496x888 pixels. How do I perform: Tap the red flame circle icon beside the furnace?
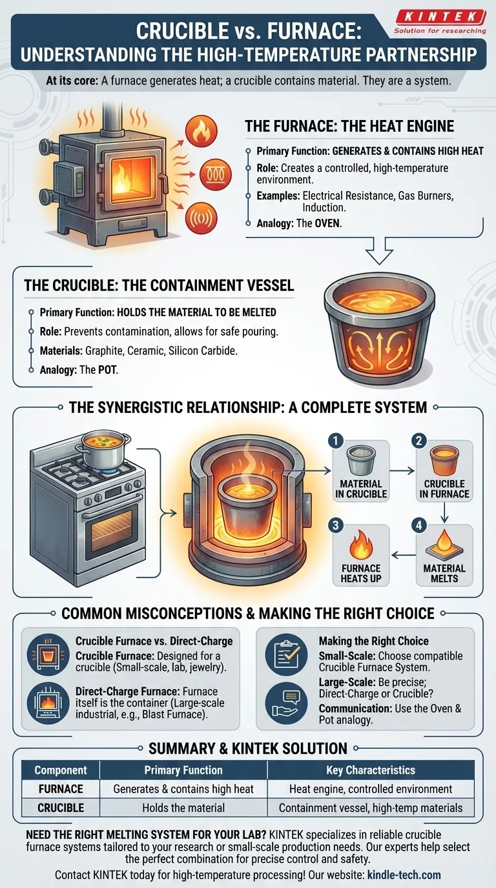[202, 132]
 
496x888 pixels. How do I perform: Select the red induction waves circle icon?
[202, 218]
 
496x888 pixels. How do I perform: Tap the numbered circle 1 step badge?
[335, 440]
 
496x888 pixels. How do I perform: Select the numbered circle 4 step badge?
[418, 525]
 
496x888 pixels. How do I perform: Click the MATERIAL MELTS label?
[444, 573]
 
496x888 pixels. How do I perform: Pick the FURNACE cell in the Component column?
[61, 789]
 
